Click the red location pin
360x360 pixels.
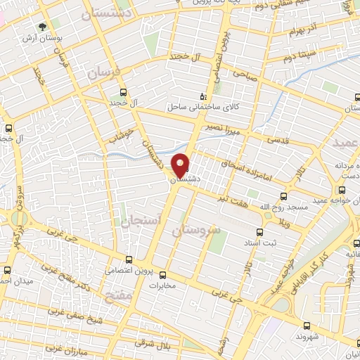[181, 164]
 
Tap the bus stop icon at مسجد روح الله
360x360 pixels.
[284, 196]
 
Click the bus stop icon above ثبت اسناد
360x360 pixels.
[259, 232]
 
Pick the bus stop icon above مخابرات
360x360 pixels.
[163, 275]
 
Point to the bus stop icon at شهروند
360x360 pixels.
[307, 325]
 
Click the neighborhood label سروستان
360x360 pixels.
[196, 231]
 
